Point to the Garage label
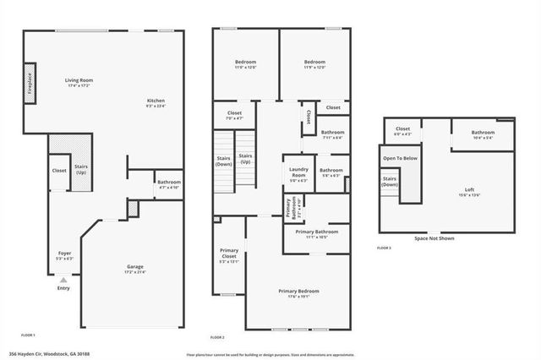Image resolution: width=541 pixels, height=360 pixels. click(x=134, y=269)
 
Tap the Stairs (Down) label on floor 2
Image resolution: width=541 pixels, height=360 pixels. click(x=224, y=161)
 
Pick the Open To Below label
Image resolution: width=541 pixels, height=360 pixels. click(x=400, y=158)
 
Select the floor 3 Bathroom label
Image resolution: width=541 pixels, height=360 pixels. click(x=483, y=134)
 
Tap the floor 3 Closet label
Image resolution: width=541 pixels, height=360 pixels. click(x=403, y=131)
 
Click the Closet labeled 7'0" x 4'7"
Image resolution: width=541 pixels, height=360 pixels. click(x=235, y=116)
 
